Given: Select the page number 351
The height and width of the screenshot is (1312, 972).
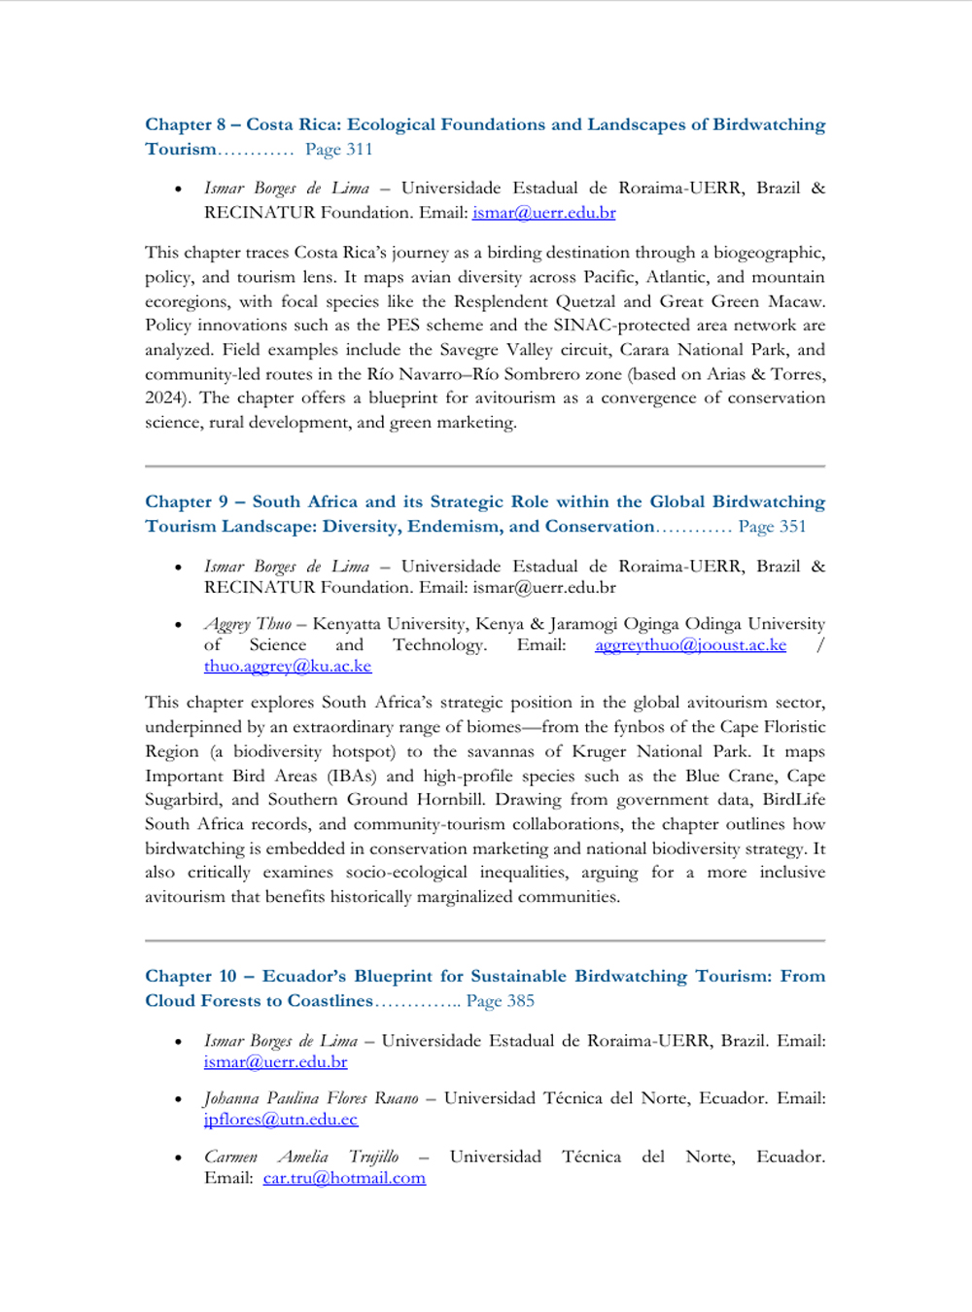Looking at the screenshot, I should coord(792,527).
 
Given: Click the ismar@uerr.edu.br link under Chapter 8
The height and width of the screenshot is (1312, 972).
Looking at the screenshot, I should coord(543,213).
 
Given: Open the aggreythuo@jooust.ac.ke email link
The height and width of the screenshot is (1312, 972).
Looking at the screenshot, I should coord(690,645).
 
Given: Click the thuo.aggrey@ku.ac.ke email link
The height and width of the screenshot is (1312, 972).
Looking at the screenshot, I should coord(288,667).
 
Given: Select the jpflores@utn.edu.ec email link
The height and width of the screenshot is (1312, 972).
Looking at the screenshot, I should coord(281,1120).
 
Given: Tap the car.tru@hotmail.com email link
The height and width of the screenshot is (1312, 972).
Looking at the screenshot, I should coord(344,1178).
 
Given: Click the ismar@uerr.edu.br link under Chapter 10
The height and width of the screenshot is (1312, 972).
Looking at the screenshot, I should coord(275,1062).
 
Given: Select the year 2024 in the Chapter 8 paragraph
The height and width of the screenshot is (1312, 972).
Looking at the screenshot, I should coord(165,398).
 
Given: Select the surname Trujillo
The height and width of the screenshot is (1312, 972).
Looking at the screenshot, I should coord(373,1157).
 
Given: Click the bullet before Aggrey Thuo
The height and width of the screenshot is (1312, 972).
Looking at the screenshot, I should coord(178,625).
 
